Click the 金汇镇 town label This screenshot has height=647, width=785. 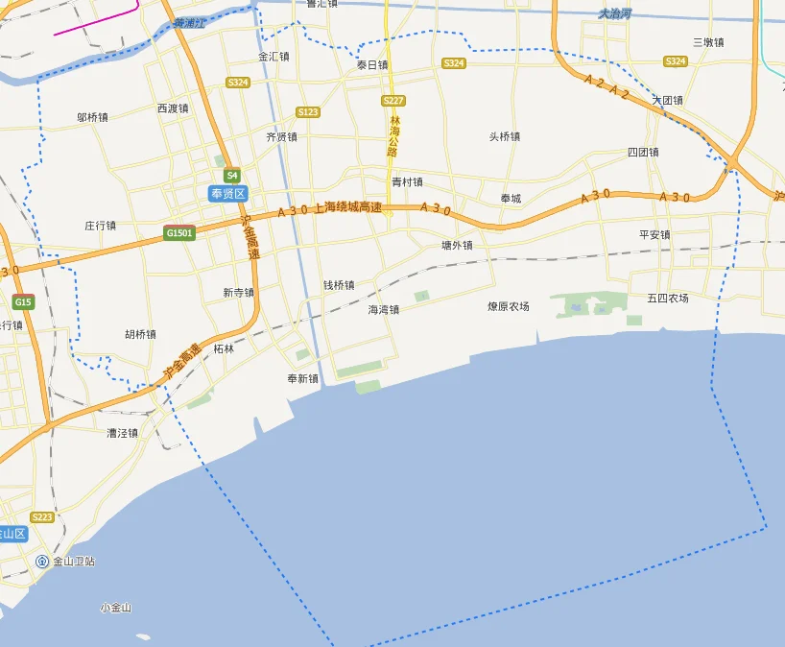tap(274, 57)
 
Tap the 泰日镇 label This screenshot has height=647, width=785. tap(372, 65)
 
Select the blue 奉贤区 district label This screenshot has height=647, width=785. tap(228, 193)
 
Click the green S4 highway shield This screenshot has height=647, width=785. tap(231, 176)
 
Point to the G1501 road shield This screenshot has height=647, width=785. tap(179, 232)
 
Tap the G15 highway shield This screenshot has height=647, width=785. tap(23, 302)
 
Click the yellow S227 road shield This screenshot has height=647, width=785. tap(392, 101)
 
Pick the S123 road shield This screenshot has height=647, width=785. tap(308, 112)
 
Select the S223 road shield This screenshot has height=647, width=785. tap(41, 516)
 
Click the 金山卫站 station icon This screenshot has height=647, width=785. tap(42, 561)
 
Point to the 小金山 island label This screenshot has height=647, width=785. tap(115, 608)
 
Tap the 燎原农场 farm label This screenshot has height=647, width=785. tap(508, 307)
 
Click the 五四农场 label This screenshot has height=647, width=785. tap(667, 298)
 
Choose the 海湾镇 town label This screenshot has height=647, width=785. tap(383, 310)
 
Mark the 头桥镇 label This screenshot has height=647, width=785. tap(504, 136)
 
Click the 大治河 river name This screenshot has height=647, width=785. tap(614, 13)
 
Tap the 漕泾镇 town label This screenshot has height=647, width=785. tap(122, 433)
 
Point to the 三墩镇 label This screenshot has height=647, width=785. tap(708, 42)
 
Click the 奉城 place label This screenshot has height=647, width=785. tap(511, 199)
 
